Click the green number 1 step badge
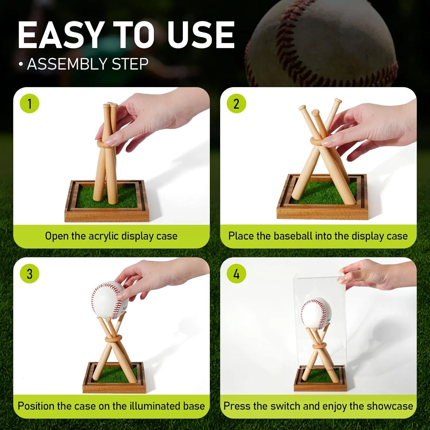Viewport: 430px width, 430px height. pos(30,103)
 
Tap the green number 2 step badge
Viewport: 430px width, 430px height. pos(236,103)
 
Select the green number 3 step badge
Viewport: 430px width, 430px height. pos(30,274)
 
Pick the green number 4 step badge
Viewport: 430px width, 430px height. pos(236,274)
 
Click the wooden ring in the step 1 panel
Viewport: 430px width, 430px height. pos(105,143)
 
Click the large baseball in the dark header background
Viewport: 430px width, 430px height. pos(321,43)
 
